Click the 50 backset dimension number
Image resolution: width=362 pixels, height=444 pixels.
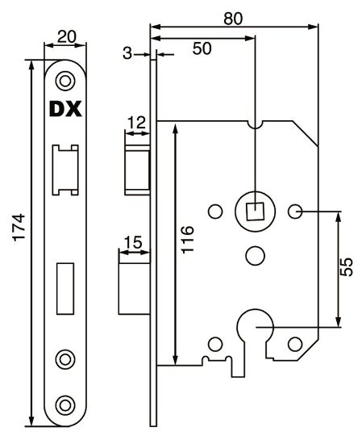pos(202,48)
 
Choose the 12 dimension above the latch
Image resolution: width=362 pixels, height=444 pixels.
pos(136,122)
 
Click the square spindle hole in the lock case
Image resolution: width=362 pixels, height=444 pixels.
pos(254,212)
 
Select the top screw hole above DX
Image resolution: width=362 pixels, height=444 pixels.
pos(64,79)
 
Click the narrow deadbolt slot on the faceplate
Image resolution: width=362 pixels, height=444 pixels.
pos(64,287)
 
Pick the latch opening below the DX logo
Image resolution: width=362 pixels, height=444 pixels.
pos(64,169)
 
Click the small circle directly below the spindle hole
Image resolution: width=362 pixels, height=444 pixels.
pos(254,255)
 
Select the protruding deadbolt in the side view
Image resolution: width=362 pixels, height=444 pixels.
pos(134,287)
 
